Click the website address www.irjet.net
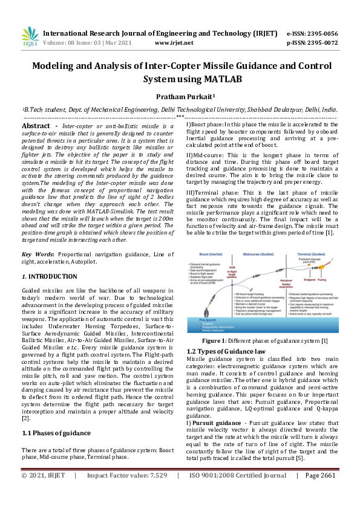click(x=174, y=43)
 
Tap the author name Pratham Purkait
click(x=179, y=97)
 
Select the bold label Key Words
click(x=39, y=254)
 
